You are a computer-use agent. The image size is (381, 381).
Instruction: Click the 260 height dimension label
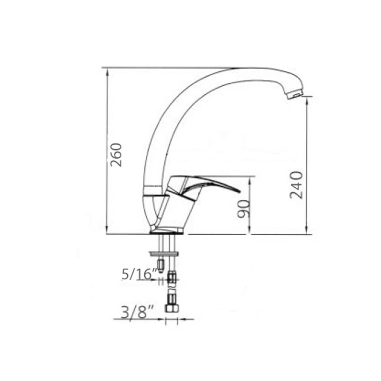click(x=116, y=155)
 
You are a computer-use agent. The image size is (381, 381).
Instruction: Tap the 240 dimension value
click(x=296, y=185)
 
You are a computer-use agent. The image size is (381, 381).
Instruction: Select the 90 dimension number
click(x=244, y=209)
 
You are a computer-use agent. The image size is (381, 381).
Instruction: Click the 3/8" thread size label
click(x=137, y=312)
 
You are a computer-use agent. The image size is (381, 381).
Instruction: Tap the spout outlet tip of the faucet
click(x=295, y=94)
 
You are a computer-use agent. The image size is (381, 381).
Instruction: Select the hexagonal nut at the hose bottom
click(x=172, y=308)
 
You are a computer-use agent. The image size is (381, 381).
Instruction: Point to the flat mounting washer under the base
click(x=165, y=254)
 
